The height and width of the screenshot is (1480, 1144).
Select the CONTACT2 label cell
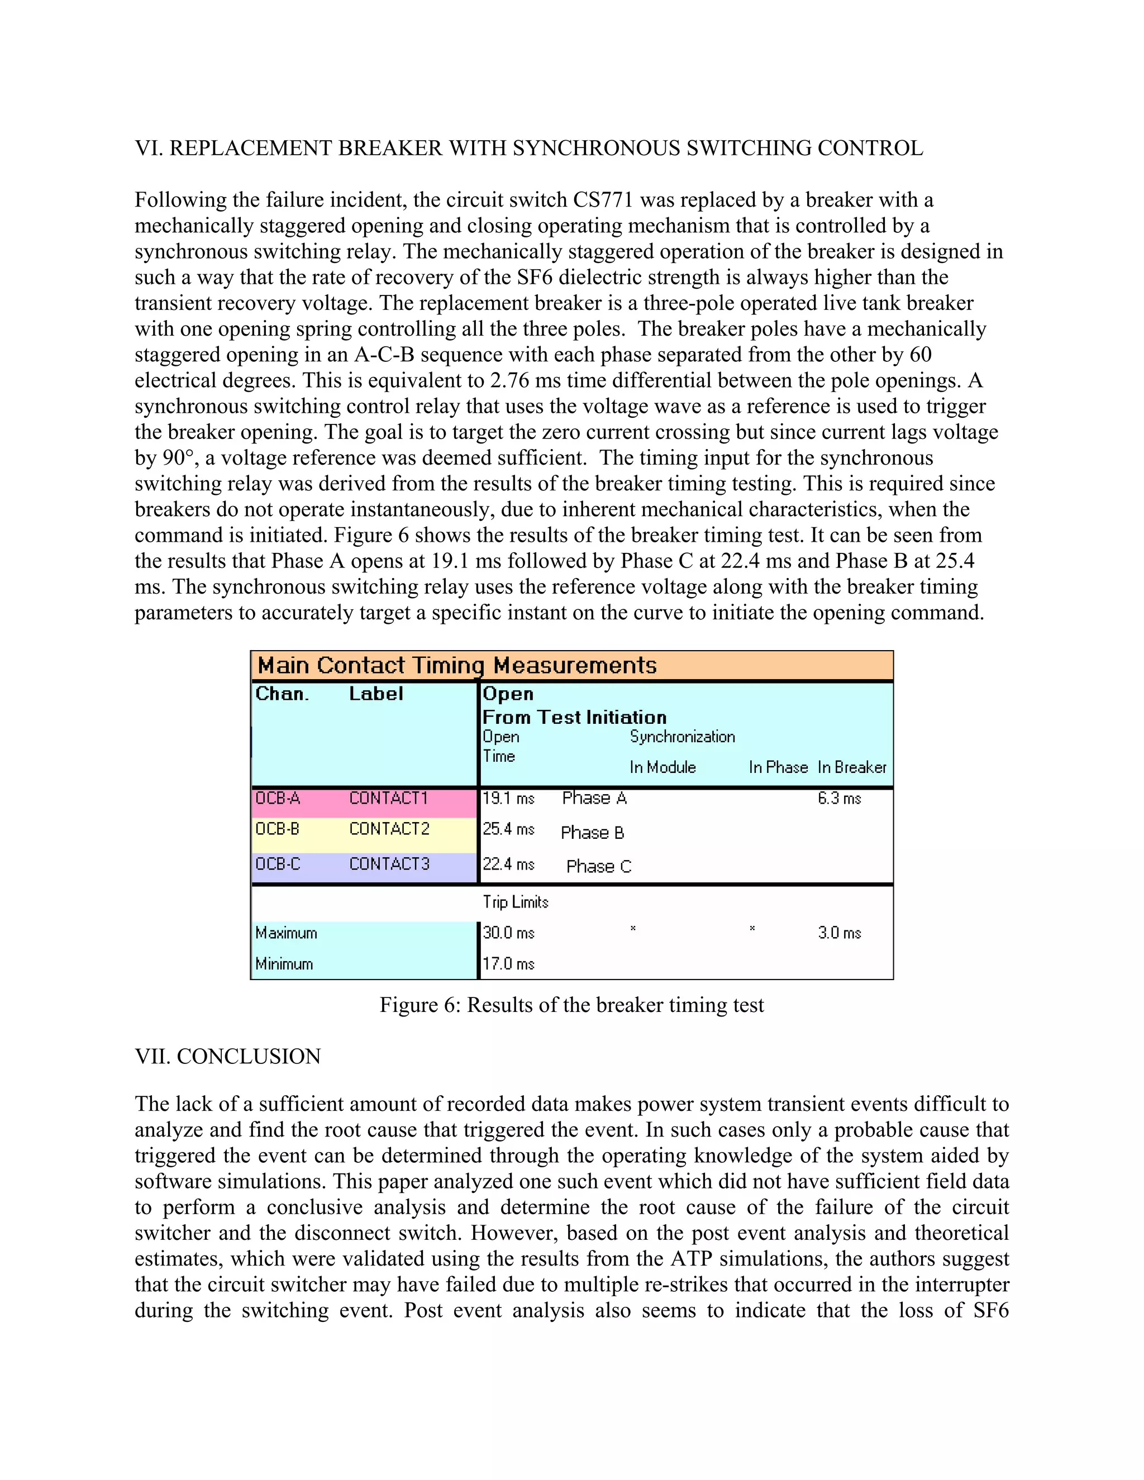coord(389,829)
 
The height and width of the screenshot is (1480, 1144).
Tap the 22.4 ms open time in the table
coord(508,864)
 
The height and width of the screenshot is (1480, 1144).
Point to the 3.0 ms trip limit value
coord(839,933)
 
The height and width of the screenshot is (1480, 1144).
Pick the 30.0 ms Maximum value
coord(508,933)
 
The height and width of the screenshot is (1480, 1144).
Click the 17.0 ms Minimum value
coord(508,963)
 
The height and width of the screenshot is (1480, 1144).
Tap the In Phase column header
coord(778,767)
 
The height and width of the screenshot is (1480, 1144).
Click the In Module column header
coord(662,767)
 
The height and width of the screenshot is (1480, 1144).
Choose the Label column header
coord(376,694)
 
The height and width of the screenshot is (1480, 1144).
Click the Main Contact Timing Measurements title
coord(457,666)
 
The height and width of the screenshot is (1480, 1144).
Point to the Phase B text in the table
coord(592,833)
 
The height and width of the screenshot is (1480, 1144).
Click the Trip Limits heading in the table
coord(515,902)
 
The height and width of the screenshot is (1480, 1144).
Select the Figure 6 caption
coord(571,1005)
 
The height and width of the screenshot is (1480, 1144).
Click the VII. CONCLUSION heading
coord(228,1057)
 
